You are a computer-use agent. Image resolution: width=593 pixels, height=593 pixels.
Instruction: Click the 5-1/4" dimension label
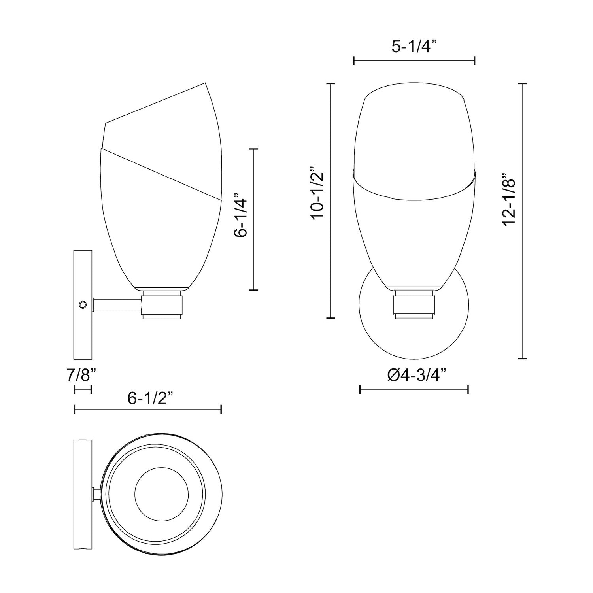pyautogui.click(x=414, y=47)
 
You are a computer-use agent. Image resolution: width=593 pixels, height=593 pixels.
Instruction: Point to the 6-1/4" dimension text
pyautogui.click(x=240, y=215)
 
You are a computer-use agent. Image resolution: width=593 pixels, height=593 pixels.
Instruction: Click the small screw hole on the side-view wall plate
pyautogui.click(x=83, y=304)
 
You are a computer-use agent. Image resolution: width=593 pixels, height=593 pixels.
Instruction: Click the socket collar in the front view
pyautogui.click(x=414, y=304)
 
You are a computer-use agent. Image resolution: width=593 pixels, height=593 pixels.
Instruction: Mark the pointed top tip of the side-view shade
pyautogui.click(x=205, y=83)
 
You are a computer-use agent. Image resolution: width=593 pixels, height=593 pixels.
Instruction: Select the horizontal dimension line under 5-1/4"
pyautogui.click(x=414, y=60)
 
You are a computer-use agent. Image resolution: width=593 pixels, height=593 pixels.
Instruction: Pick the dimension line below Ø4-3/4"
pyautogui.click(x=414, y=390)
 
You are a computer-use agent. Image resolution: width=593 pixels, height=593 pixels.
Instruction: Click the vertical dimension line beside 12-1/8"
pyautogui.click(x=523, y=221)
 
